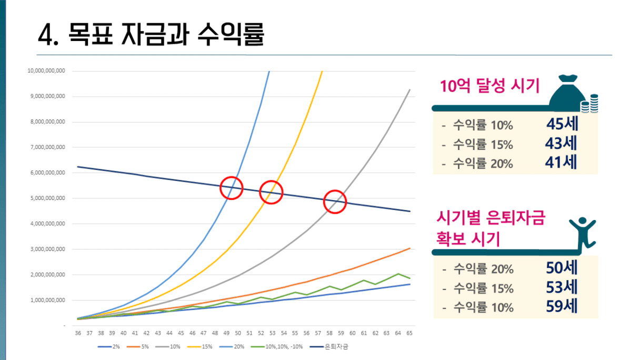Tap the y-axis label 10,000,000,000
click(x=46, y=71)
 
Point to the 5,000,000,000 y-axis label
click(x=47, y=198)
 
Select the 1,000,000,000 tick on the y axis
click(x=47, y=301)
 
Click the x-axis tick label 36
click(x=78, y=333)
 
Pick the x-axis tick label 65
click(x=409, y=333)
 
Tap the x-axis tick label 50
click(x=238, y=333)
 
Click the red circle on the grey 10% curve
click(x=335, y=202)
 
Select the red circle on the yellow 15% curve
click(x=271, y=192)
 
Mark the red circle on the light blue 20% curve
click(x=231, y=187)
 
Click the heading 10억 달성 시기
click(x=490, y=86)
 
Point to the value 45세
click(x=562, y=125)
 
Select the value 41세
click(x=562, y=162)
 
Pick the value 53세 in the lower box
click(x=562, y=287)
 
